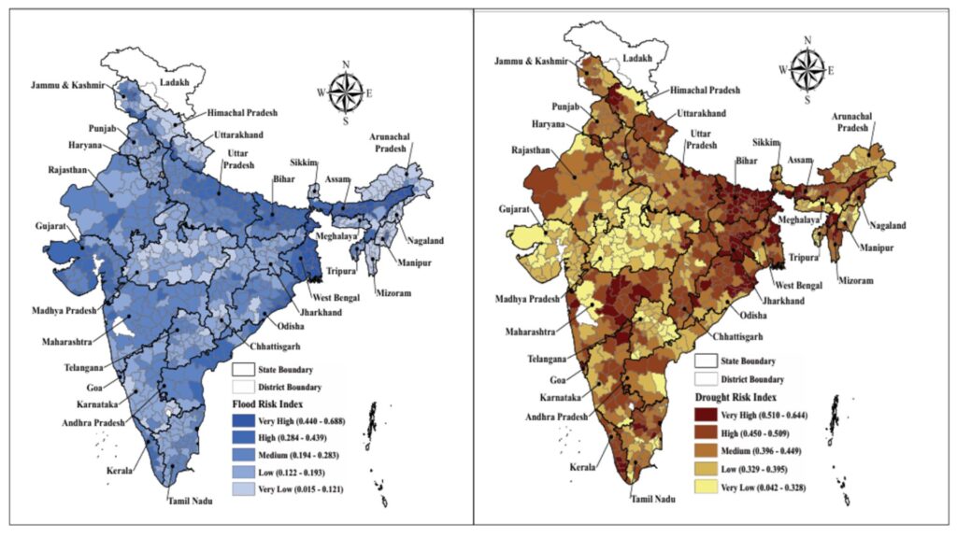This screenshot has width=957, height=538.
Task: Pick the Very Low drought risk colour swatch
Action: (710, 488)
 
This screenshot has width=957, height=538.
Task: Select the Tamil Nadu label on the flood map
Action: (190, 502)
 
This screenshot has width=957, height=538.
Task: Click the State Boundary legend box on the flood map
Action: (245, 370)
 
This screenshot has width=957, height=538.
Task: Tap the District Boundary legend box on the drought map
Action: (708, 379)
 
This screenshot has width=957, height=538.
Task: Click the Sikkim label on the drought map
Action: (767, 142)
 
